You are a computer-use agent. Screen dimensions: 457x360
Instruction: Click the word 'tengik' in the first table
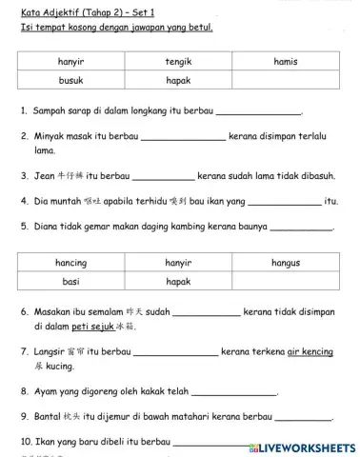[178, 62]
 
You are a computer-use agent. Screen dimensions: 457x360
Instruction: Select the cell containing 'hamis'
[285, 62]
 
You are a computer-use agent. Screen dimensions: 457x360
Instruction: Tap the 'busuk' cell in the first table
[71, 81]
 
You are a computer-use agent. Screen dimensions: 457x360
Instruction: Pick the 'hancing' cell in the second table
[71, 263]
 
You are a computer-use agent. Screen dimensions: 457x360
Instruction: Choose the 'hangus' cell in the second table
[285, 263]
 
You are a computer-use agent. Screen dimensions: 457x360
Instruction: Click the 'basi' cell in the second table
[71, 282]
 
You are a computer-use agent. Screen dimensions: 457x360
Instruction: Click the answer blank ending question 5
[301, 228]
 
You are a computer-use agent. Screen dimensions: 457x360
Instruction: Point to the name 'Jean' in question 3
[43, 176]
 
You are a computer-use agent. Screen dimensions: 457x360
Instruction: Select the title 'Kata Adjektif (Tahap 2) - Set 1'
[86, 11]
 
